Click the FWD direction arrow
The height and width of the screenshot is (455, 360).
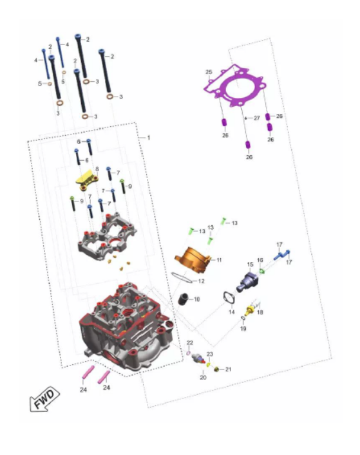coord(44,399)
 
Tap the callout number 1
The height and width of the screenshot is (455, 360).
coord(149,138)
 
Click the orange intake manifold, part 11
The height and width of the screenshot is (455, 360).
coord(194,259)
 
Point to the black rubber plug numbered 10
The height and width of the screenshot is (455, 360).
coord(183,299)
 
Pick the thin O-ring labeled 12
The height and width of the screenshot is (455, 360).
coord(182,278)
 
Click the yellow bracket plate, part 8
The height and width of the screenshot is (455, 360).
coord(87,180)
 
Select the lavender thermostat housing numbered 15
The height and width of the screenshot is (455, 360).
coord(247,281)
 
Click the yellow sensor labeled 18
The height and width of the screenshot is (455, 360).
coord(249,310)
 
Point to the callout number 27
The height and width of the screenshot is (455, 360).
coord(257,118)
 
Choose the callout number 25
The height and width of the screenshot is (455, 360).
coord(209,72)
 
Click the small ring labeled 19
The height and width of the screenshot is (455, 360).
coord(243,319)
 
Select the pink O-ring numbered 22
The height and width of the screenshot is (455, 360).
coord(189,353)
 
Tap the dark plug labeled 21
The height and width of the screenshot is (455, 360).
coord(216,369)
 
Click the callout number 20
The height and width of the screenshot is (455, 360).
coord(204,377)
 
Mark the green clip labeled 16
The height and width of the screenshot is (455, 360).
coord(262,271)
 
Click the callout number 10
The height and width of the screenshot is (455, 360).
coord(197,299)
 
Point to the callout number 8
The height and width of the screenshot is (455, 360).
coord(97,169)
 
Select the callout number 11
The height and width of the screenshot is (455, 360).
coord(219,260)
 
